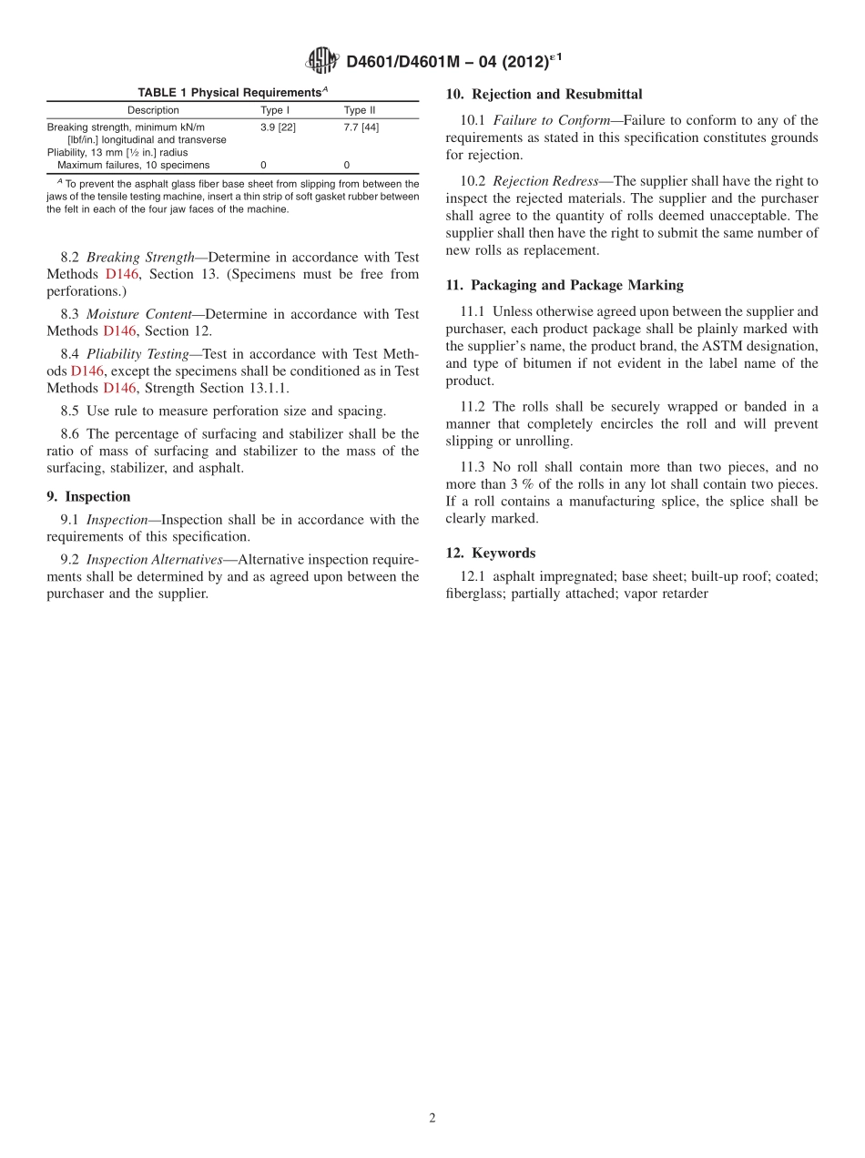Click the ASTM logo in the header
pyautogui.click(x=321, y=61)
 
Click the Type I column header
pyautogui.click(x=275, y=110)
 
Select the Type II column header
pyautogui.click(x=359, y=110)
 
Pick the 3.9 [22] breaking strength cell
pyautogui.click(x=278, y=127)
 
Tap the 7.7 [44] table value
pyautogui.click(x=361, y=127)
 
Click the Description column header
pyautogui.click(x=153, y=110)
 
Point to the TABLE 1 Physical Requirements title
pyautogui.click(x=232, y=92)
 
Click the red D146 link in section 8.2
pyautogui.click(x=121, y=274)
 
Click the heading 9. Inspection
pyautogui.click(x=88, y=497)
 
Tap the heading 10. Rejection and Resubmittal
pyautogui.click(x=544, y=95)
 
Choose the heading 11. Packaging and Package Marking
pyautogui.click(x=565, y=286)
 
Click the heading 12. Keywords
pyautogui.click(x=490, y=554)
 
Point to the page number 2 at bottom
pyautogui.click(x=432, y=1119)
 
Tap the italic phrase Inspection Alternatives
pyautogui.click(x=154, y=560)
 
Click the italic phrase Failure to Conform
pyautogui.click(x=552, y=120)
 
